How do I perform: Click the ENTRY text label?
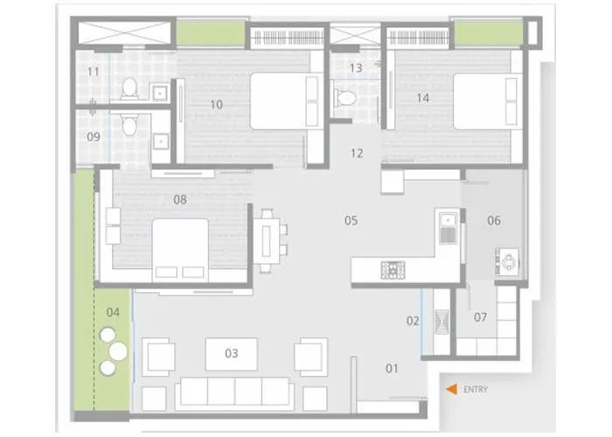pos(476,390)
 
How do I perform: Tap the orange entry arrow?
pos(450,390)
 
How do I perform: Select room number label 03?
pos(231,354)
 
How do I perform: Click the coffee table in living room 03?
pos(231,354)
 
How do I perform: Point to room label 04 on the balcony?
pos(113,312)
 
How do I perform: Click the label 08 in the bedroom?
pos(179,199)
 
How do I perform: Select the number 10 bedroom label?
pos(216,104)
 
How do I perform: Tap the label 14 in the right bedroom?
pos(422,98)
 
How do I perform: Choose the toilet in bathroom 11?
pos(129,87)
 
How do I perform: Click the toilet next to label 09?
pos(129,126)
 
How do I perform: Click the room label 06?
pos(494,220)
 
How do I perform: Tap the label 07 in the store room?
pos(480,316)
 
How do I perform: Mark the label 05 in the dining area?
pos(351,220)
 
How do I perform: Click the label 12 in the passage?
pos(356,154)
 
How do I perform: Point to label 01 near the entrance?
pos(392,368)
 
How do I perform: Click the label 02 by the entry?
pos(413,322)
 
